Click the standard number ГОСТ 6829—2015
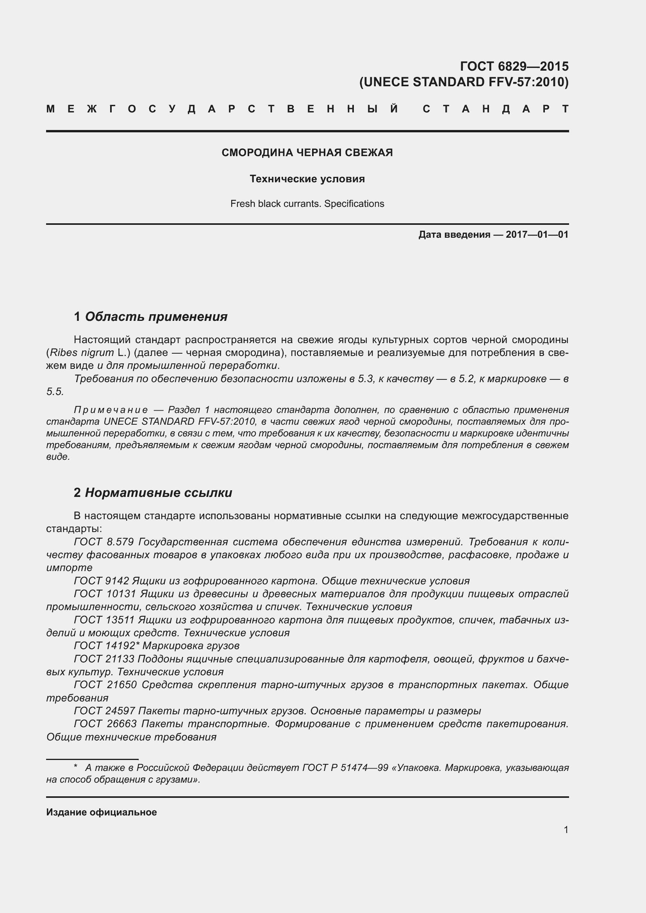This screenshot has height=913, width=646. [x=514, y=66]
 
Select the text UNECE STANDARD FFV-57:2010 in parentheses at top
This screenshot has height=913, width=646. [x=464, y=82]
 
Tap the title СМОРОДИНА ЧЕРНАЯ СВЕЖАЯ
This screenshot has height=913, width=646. [x=307, y=153]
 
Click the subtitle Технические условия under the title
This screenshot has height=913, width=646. [x=307, y=179]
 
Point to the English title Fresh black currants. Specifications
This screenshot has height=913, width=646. [x=307, y=204]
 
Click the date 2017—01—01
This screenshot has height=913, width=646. [x=537, y=235]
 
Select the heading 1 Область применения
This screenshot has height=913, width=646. [x=150, y=317]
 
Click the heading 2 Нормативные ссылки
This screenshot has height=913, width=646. [x=153, y=493]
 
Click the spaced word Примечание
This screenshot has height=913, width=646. [x=111, y=410]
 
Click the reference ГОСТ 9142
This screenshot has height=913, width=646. [x=102, y=581]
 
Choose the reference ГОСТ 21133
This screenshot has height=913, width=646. [x=104, y=659]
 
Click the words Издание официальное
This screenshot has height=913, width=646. [x=102, y=812]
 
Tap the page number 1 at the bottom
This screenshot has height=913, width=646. [x=566, y=830]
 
